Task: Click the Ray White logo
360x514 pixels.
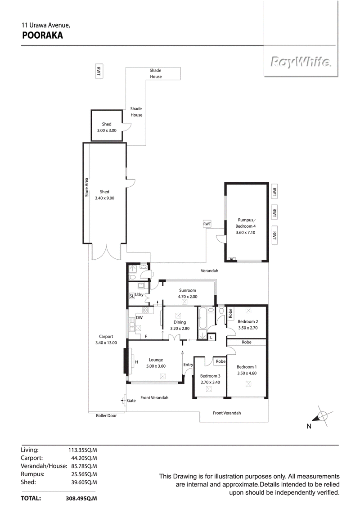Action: pos(300,63)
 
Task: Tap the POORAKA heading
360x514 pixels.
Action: pos(42,36)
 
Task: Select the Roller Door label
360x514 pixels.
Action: pos(106,415)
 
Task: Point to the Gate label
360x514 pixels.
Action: pos(131,400)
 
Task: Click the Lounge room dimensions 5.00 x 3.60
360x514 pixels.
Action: pos(156,366)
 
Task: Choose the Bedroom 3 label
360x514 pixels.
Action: pos(210,376)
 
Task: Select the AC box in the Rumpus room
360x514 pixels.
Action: pos(232,259)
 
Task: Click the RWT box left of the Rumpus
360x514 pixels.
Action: pos(207,224)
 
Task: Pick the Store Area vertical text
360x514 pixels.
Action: pos(86,187)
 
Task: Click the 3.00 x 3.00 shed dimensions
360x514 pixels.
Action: pos(107,131)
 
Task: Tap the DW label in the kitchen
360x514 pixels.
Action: pos(139,318)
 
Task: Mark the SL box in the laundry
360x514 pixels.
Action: pos(132,296)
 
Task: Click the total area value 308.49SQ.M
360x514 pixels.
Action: pos(81,498)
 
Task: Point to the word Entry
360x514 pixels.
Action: pos(188,365)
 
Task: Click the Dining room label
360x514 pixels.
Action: pos(180,322)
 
